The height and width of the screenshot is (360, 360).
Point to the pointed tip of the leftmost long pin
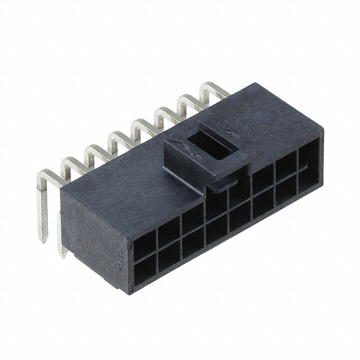43,239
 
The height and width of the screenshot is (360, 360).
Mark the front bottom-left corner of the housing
133,286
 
